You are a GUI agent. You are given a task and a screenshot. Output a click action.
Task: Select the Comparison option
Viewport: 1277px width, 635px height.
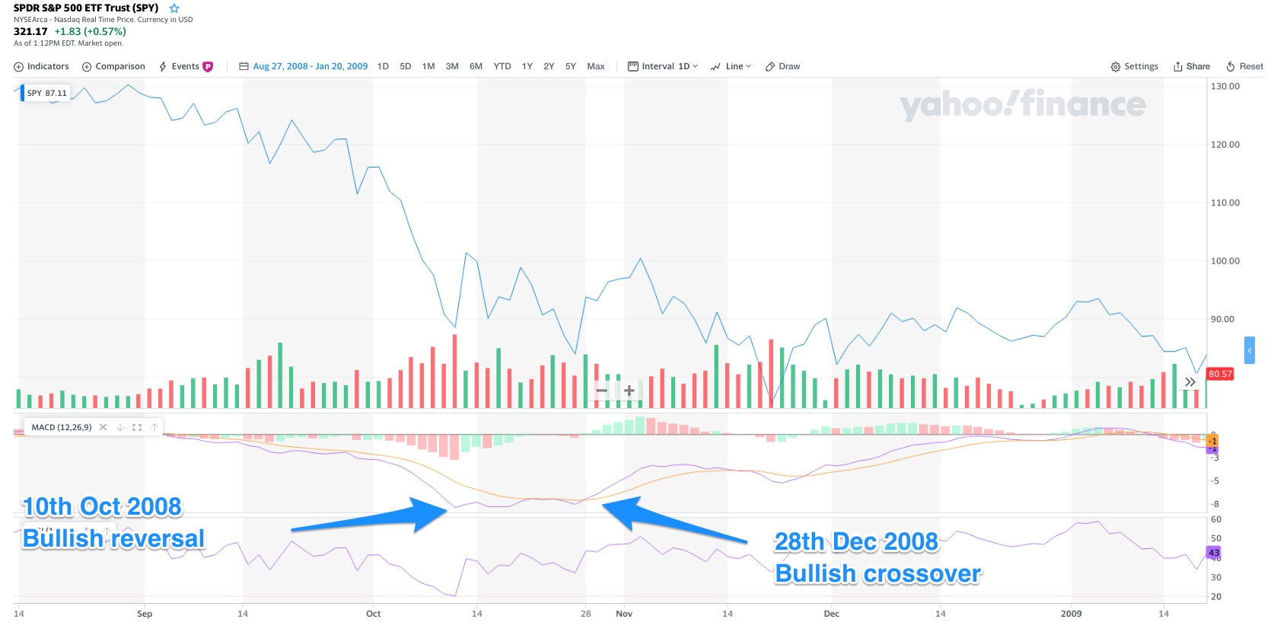point(113,66)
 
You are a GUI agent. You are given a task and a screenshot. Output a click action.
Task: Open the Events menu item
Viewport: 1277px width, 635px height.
point(185,66)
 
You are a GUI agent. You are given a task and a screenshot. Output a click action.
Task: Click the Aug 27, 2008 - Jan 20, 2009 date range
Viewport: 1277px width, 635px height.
point(310,66)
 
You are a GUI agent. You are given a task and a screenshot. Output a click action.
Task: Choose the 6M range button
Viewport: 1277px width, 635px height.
point(476,66)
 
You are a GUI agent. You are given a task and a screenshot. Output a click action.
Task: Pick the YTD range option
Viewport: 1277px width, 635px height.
point(502,66)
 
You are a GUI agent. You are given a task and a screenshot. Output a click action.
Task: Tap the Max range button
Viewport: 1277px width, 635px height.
point(596,66)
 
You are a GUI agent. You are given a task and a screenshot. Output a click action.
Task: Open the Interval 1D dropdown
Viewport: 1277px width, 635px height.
point(663,66)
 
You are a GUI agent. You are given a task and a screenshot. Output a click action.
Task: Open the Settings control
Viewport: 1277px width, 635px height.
point(1134,66)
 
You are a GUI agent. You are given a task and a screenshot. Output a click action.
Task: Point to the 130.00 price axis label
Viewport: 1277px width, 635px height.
point(1225,86)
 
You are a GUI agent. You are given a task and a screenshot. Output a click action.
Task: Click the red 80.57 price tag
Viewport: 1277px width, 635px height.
point(1219,374)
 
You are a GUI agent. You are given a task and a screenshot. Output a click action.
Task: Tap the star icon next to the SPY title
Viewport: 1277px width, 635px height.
point(174,8)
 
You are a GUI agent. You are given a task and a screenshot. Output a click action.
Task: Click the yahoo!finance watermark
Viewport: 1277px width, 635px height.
point(1022,104)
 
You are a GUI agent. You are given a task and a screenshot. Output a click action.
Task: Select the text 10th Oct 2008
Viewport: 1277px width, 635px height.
point(102,506)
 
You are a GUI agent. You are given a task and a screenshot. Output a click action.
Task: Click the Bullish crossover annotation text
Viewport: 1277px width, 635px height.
point(877,573)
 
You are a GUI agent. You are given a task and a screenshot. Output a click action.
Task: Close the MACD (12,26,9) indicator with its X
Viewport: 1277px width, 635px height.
point(103,427)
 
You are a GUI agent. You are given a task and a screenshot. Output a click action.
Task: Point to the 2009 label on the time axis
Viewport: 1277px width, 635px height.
point(1071,614)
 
